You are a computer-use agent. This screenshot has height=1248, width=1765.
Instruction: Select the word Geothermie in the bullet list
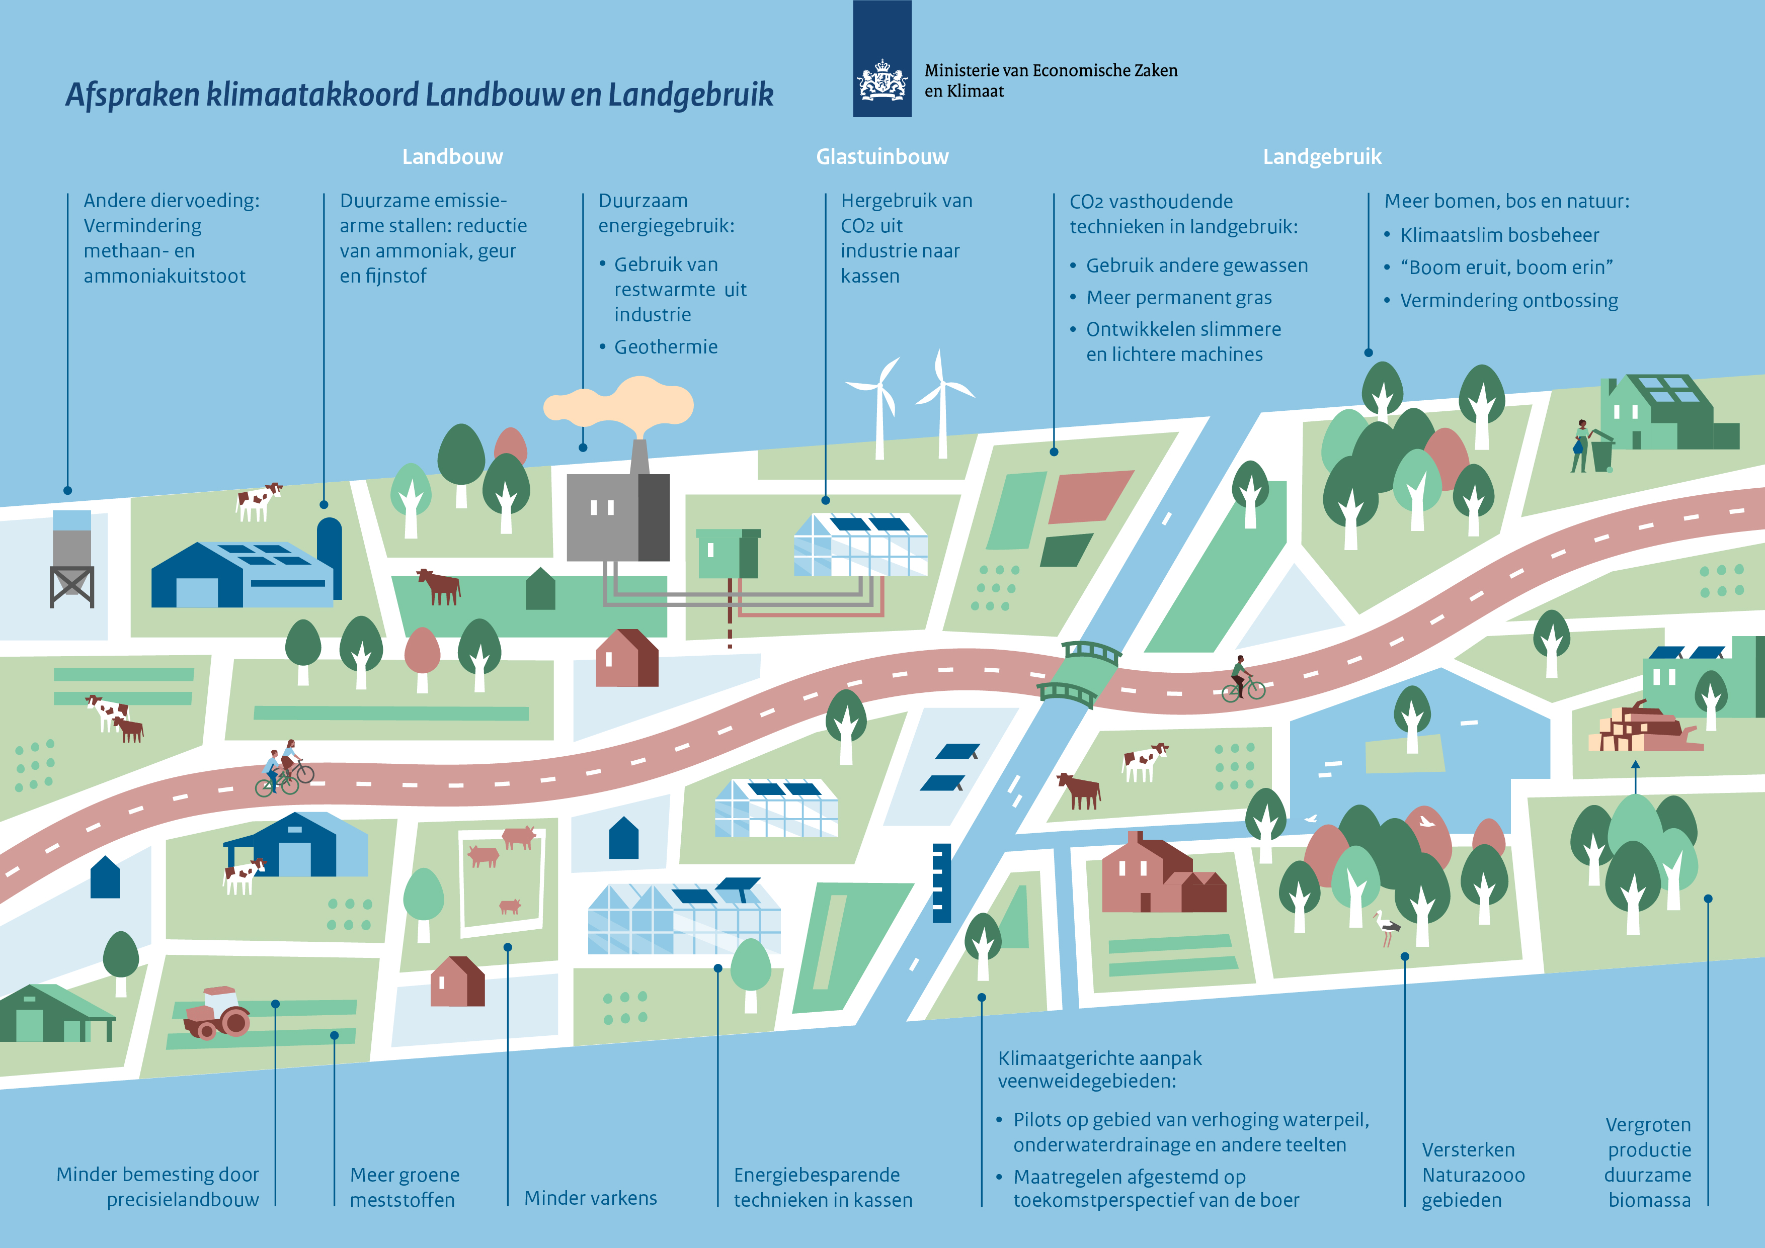click(x=666, y=347)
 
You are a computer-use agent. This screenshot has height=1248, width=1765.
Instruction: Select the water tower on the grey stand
click(x=71, y=558)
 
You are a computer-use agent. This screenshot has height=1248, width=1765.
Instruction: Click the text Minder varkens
click(x=590, y=1198)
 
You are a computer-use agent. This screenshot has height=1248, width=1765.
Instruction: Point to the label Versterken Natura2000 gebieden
click(x=1472, y=1175)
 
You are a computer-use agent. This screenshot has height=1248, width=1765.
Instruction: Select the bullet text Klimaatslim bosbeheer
click(x=1498, y=235)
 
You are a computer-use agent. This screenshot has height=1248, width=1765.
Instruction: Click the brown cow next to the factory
click(x=439, y=586)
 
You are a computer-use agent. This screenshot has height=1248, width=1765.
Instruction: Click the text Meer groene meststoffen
click(x=405, y=1187)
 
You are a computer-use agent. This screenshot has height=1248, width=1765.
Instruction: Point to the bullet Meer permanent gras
click(x=1178, y=297)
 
